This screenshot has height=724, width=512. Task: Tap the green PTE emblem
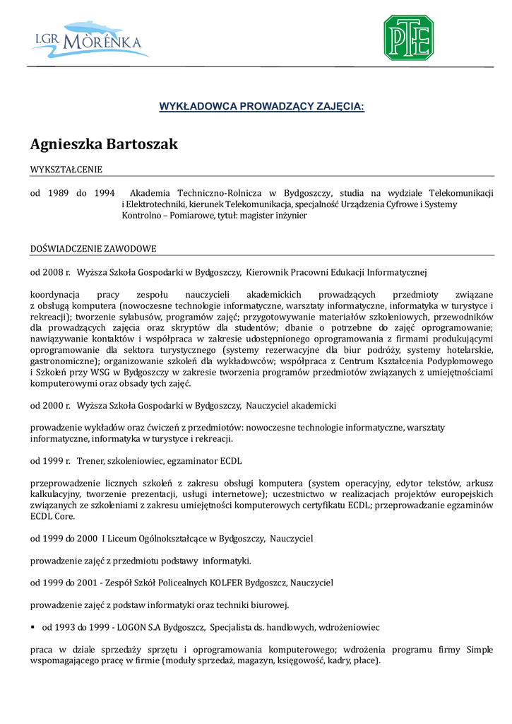tap(408, 37)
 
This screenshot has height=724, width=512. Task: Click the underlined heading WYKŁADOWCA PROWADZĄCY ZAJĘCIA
tap(261, 107)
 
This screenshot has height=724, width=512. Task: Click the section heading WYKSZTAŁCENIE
tap(66, 170)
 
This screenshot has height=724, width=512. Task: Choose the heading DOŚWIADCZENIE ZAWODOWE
tap(93, 249)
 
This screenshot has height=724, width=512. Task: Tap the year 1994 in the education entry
tap(104, 193)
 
